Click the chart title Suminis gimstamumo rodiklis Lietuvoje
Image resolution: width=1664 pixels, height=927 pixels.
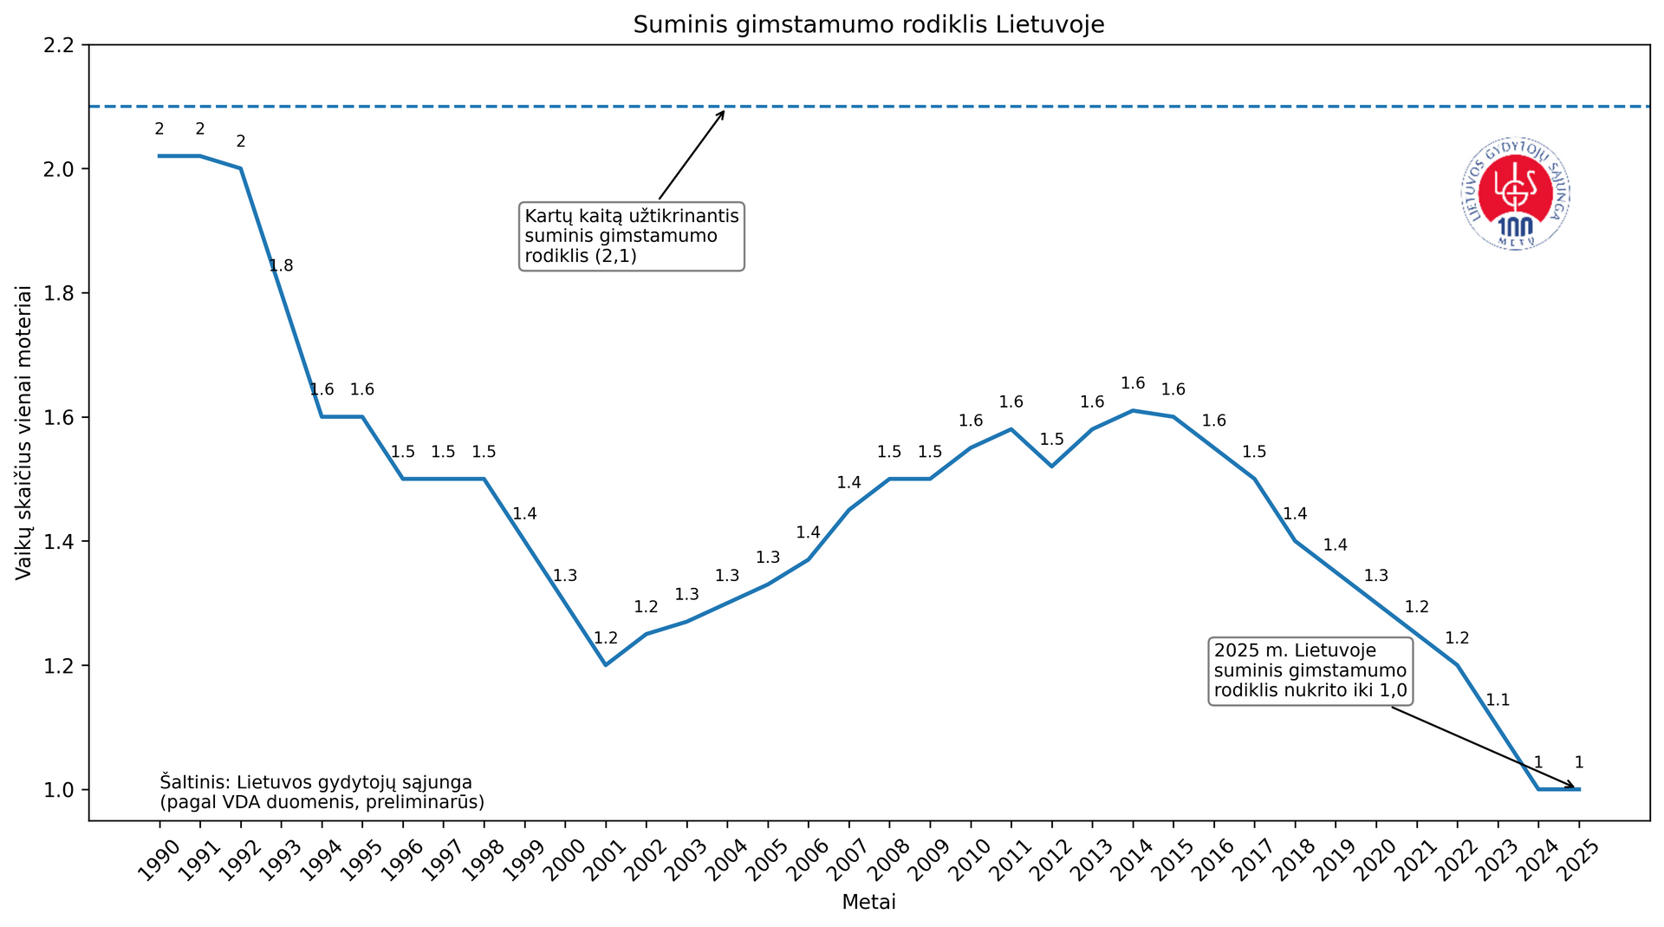point(868,24)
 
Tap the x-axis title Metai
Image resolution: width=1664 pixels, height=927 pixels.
point(868,902)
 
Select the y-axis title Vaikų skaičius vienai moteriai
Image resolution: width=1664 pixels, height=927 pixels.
point(24,433)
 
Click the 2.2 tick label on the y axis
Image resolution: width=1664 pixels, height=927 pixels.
point(60,45)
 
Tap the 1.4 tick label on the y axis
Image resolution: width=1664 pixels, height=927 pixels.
point(60,542)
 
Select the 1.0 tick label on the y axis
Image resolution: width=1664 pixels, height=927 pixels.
point(60,790)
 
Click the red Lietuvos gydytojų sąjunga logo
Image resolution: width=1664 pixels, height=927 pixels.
point(1516,193)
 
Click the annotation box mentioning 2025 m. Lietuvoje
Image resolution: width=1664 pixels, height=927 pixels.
point(1310,671)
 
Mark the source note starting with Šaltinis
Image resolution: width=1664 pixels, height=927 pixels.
point(322,792)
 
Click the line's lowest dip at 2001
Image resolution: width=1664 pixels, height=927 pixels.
point(606,665)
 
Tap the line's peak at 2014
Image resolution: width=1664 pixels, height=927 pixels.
point(1133,410)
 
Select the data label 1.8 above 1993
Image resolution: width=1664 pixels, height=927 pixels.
point(281,266)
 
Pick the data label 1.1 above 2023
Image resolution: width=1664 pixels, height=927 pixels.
point(1498,700)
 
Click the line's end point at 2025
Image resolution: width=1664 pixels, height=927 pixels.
point(1579,789)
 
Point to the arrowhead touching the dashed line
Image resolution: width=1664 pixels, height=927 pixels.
point(723,111)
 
